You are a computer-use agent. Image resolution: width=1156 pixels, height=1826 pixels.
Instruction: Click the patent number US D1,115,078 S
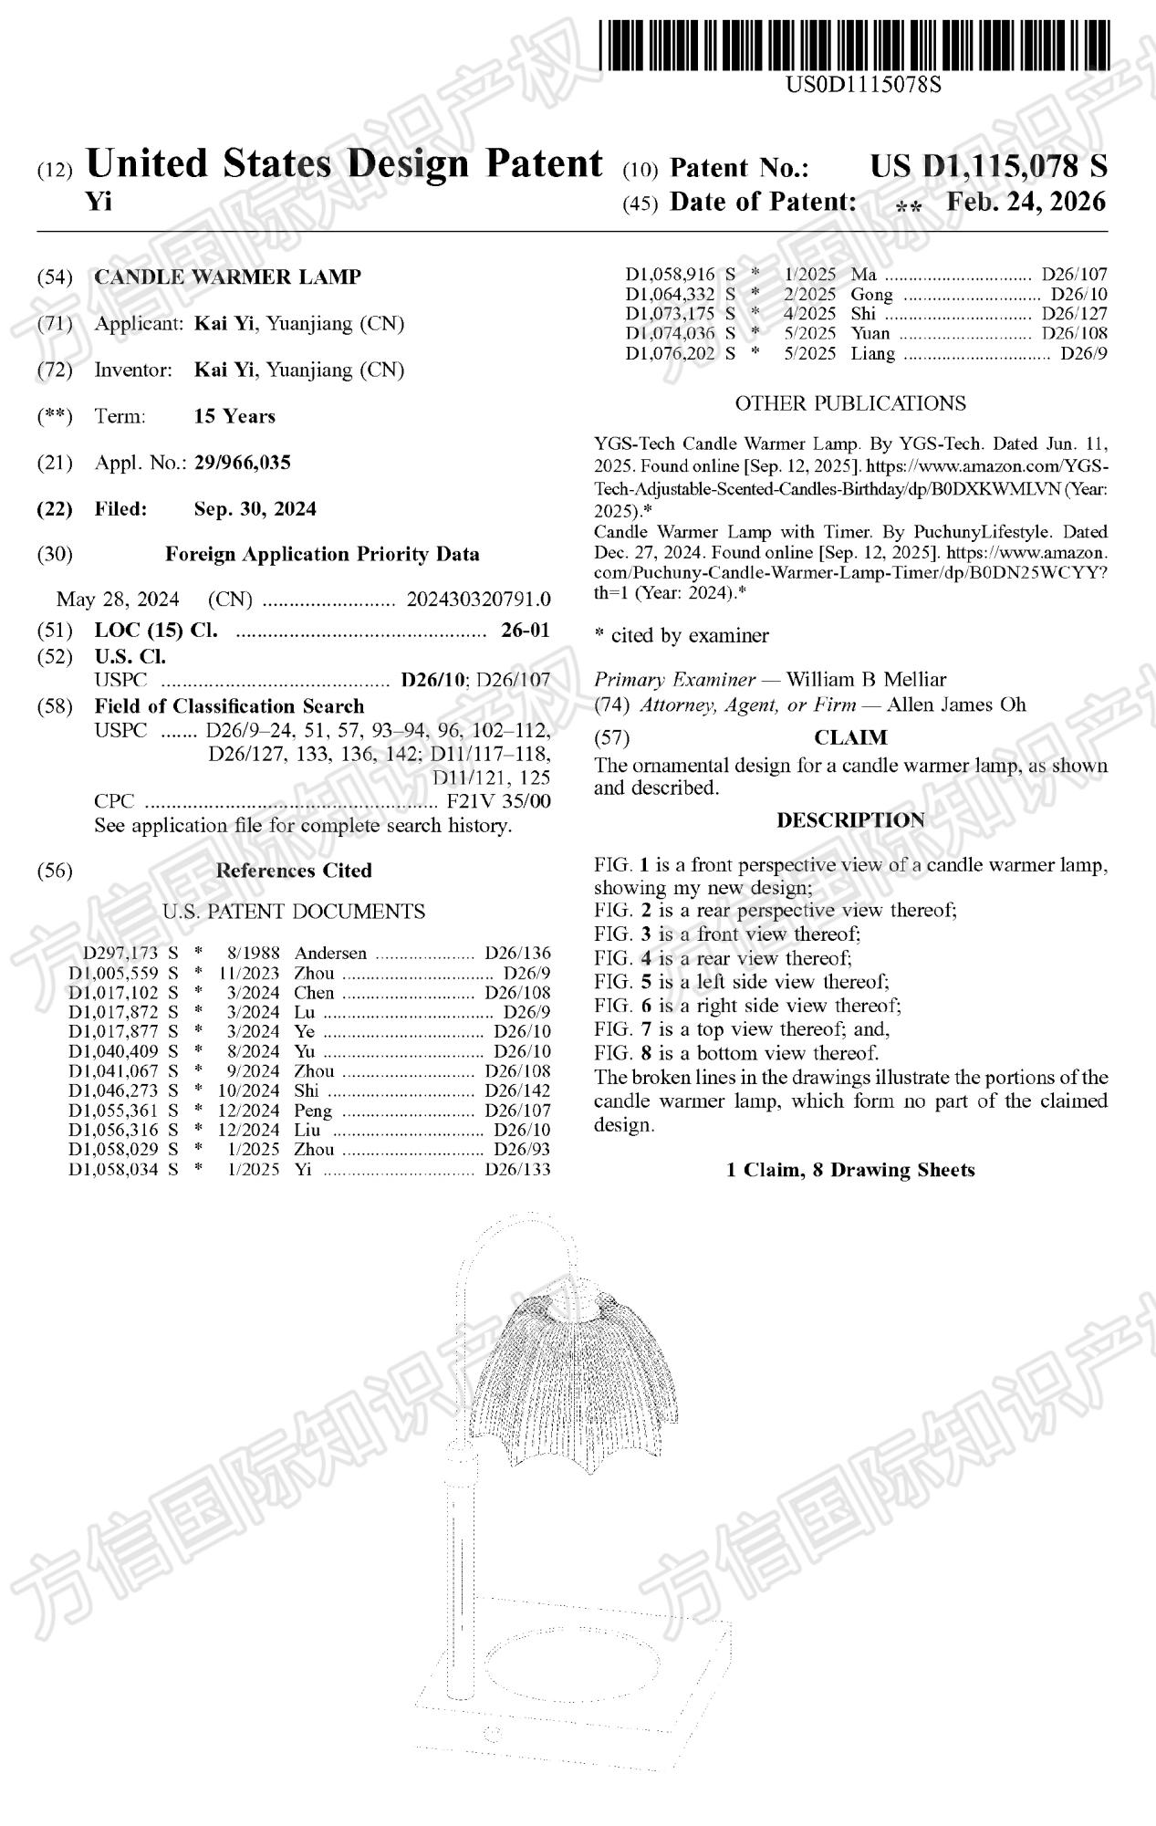click(988, 167)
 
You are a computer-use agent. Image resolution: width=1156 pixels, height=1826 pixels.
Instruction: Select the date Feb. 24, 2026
click(1026, 202)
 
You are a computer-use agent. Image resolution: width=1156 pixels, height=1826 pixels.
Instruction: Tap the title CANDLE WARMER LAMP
click(227, 277)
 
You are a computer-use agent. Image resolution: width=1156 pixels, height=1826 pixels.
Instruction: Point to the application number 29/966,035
click(242, 463)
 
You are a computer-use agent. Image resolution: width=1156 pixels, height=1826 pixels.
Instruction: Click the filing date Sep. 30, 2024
click(255, 509)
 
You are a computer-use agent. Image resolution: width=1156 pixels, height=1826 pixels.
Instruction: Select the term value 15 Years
click(234, 417)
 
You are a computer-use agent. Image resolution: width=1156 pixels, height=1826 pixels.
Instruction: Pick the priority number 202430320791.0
click(478, 600)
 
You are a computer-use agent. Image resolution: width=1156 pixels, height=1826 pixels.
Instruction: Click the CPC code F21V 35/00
click(498, 802)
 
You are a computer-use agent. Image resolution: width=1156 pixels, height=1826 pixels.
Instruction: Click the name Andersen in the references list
click(330, 954)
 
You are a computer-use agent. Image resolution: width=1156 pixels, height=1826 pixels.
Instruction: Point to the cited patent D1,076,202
click(670, 354)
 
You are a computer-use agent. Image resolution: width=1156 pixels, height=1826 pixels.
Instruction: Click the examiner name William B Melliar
click(866, 680)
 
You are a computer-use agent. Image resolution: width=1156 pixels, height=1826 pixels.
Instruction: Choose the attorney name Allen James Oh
click(956, 704)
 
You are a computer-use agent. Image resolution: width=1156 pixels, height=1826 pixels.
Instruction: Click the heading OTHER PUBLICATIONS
click(850, 403)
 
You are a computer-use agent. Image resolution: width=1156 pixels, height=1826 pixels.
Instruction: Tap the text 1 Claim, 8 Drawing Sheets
click(850, 1170)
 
